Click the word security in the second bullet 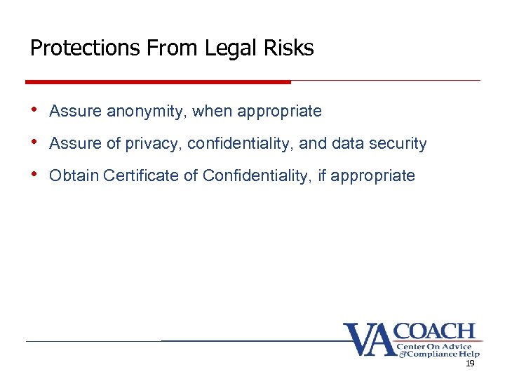click(397, 144)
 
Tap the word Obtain click(74, 175)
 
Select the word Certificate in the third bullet click(141, 175)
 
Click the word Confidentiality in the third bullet click(257, 175)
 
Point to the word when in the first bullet click(210, 112)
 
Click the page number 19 click(470, 364)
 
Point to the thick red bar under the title click(158, 82)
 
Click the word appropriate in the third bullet click(372, 175)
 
